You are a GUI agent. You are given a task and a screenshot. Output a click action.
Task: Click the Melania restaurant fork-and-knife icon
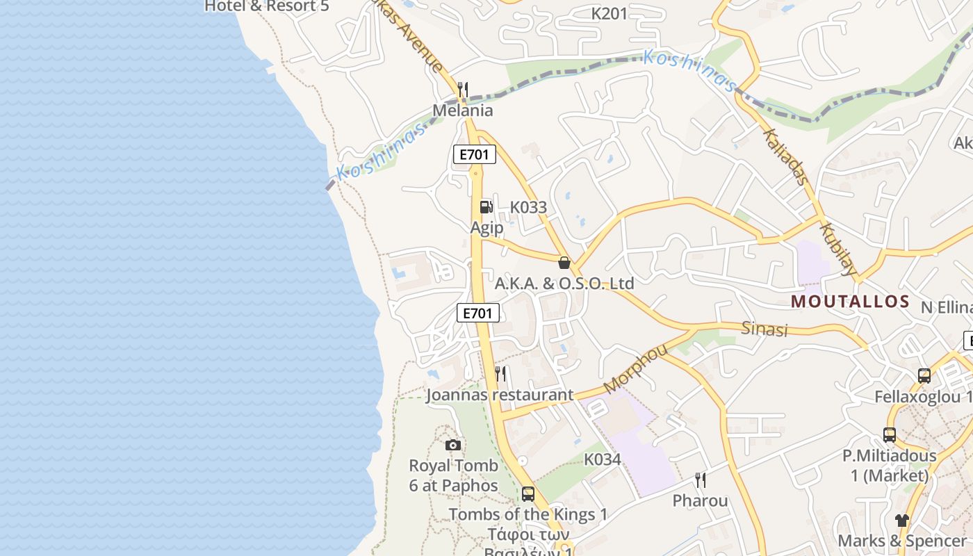[x=463, y=90]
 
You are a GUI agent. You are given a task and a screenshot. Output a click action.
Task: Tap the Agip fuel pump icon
[x=486, y=206]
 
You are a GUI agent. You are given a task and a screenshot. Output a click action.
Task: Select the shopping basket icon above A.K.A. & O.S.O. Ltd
[x=564, y=263]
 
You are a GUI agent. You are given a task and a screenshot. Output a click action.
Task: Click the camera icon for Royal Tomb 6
[x=453, y=445]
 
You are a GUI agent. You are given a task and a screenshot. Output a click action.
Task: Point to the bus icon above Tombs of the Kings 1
[x=528, y=494]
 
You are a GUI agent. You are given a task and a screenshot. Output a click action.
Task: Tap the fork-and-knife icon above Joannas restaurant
[x=500, y=374]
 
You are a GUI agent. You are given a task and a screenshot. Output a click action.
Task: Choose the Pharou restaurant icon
[x=701, y=480]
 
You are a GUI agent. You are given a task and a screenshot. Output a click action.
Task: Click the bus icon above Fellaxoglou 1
[x=924, y=376]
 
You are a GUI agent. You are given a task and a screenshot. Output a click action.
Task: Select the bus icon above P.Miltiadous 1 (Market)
[x=890, y=435]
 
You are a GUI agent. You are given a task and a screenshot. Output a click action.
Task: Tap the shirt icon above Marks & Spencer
[x=902, y=520]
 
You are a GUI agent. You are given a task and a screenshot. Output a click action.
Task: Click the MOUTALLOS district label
[x=850, y=301]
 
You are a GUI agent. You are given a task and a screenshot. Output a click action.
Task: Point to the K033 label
[x=528, y=207]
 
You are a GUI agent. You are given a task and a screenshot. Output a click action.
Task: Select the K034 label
[x=602, y=459]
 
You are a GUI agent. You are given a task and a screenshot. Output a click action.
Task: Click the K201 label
[x=609, y=13]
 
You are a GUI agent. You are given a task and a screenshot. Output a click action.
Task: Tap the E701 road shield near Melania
[x=475, y=154]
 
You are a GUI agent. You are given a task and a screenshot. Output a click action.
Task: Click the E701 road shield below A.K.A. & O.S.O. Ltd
[x=478, y=313]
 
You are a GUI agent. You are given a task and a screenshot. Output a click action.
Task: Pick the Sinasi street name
[x=764, y=329]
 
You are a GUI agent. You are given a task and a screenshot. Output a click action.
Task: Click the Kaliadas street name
[x=786, y=157]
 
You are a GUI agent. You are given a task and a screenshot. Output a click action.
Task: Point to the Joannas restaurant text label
[x=500, y=395]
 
